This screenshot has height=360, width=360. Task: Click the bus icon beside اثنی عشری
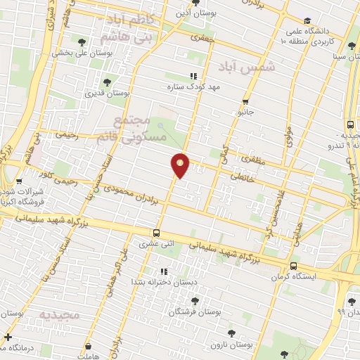(x=156, y=233)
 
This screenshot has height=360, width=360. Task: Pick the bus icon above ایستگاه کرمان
(x=292, y=266)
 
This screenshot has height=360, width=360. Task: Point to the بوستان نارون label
(x=233, y=344)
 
